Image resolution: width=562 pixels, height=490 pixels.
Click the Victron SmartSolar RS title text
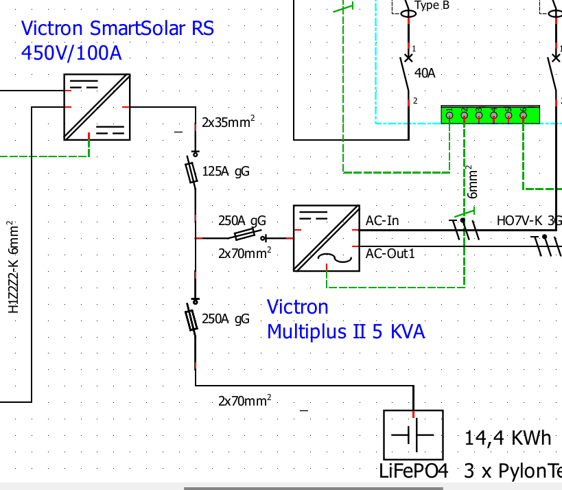117,29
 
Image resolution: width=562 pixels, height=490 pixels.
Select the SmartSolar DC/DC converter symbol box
95,107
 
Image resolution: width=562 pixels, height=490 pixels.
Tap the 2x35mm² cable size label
228,123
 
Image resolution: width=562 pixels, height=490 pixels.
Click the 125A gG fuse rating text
226,172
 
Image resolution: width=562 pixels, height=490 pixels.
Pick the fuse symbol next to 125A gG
195,170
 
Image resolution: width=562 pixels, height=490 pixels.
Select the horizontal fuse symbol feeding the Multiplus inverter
246,237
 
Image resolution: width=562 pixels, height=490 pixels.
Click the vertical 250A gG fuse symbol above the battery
195,319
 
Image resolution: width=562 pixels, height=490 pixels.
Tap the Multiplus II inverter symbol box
326,237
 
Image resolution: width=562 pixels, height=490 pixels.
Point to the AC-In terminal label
382,221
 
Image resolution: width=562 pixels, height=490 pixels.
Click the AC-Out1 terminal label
390,254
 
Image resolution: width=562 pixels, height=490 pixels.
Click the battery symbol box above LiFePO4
413,435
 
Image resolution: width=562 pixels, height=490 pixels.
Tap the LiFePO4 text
413,472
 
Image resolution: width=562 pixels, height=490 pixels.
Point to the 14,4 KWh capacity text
508,438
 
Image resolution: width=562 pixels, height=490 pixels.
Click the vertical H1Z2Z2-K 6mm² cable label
12,268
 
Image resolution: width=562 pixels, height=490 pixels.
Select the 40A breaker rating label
424,73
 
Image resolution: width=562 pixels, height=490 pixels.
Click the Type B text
433,5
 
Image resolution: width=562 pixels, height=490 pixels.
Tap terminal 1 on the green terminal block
449,115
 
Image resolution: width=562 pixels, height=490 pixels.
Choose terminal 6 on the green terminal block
523,115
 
